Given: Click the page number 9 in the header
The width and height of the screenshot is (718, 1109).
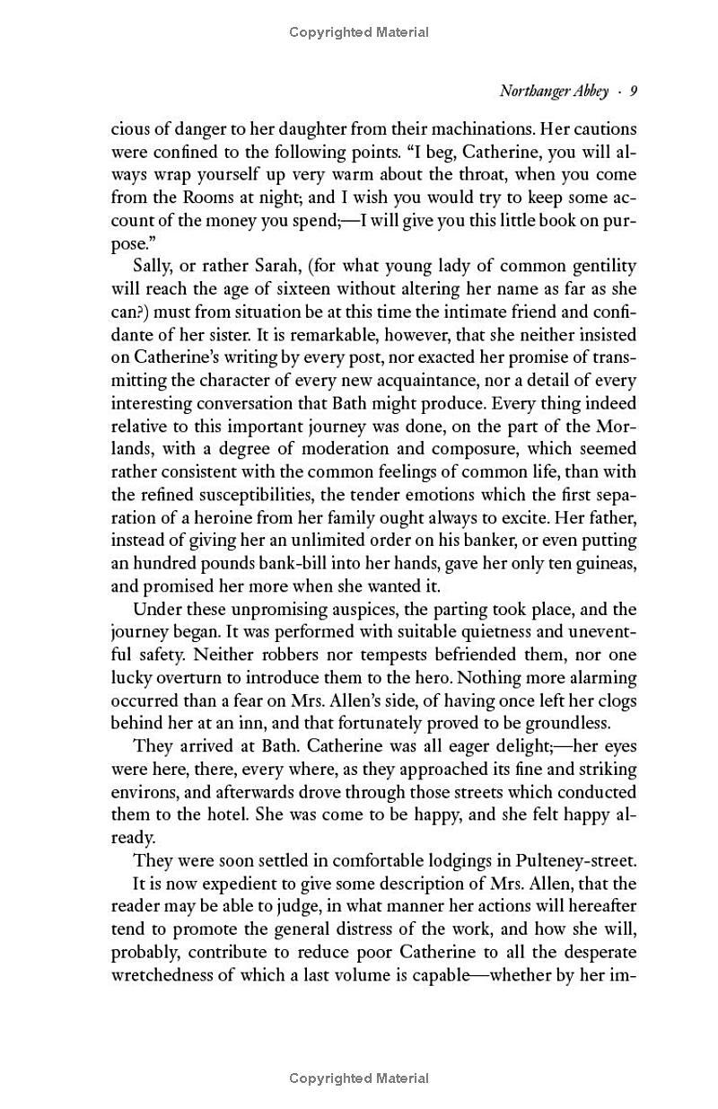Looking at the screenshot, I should (x=633, y=91).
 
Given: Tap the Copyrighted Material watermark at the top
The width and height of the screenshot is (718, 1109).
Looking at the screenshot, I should (x=359, y=32).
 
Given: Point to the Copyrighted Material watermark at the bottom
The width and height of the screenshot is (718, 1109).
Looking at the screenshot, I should (x=359, y=1078).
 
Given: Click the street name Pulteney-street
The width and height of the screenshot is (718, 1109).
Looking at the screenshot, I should (x=575, y=860).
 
